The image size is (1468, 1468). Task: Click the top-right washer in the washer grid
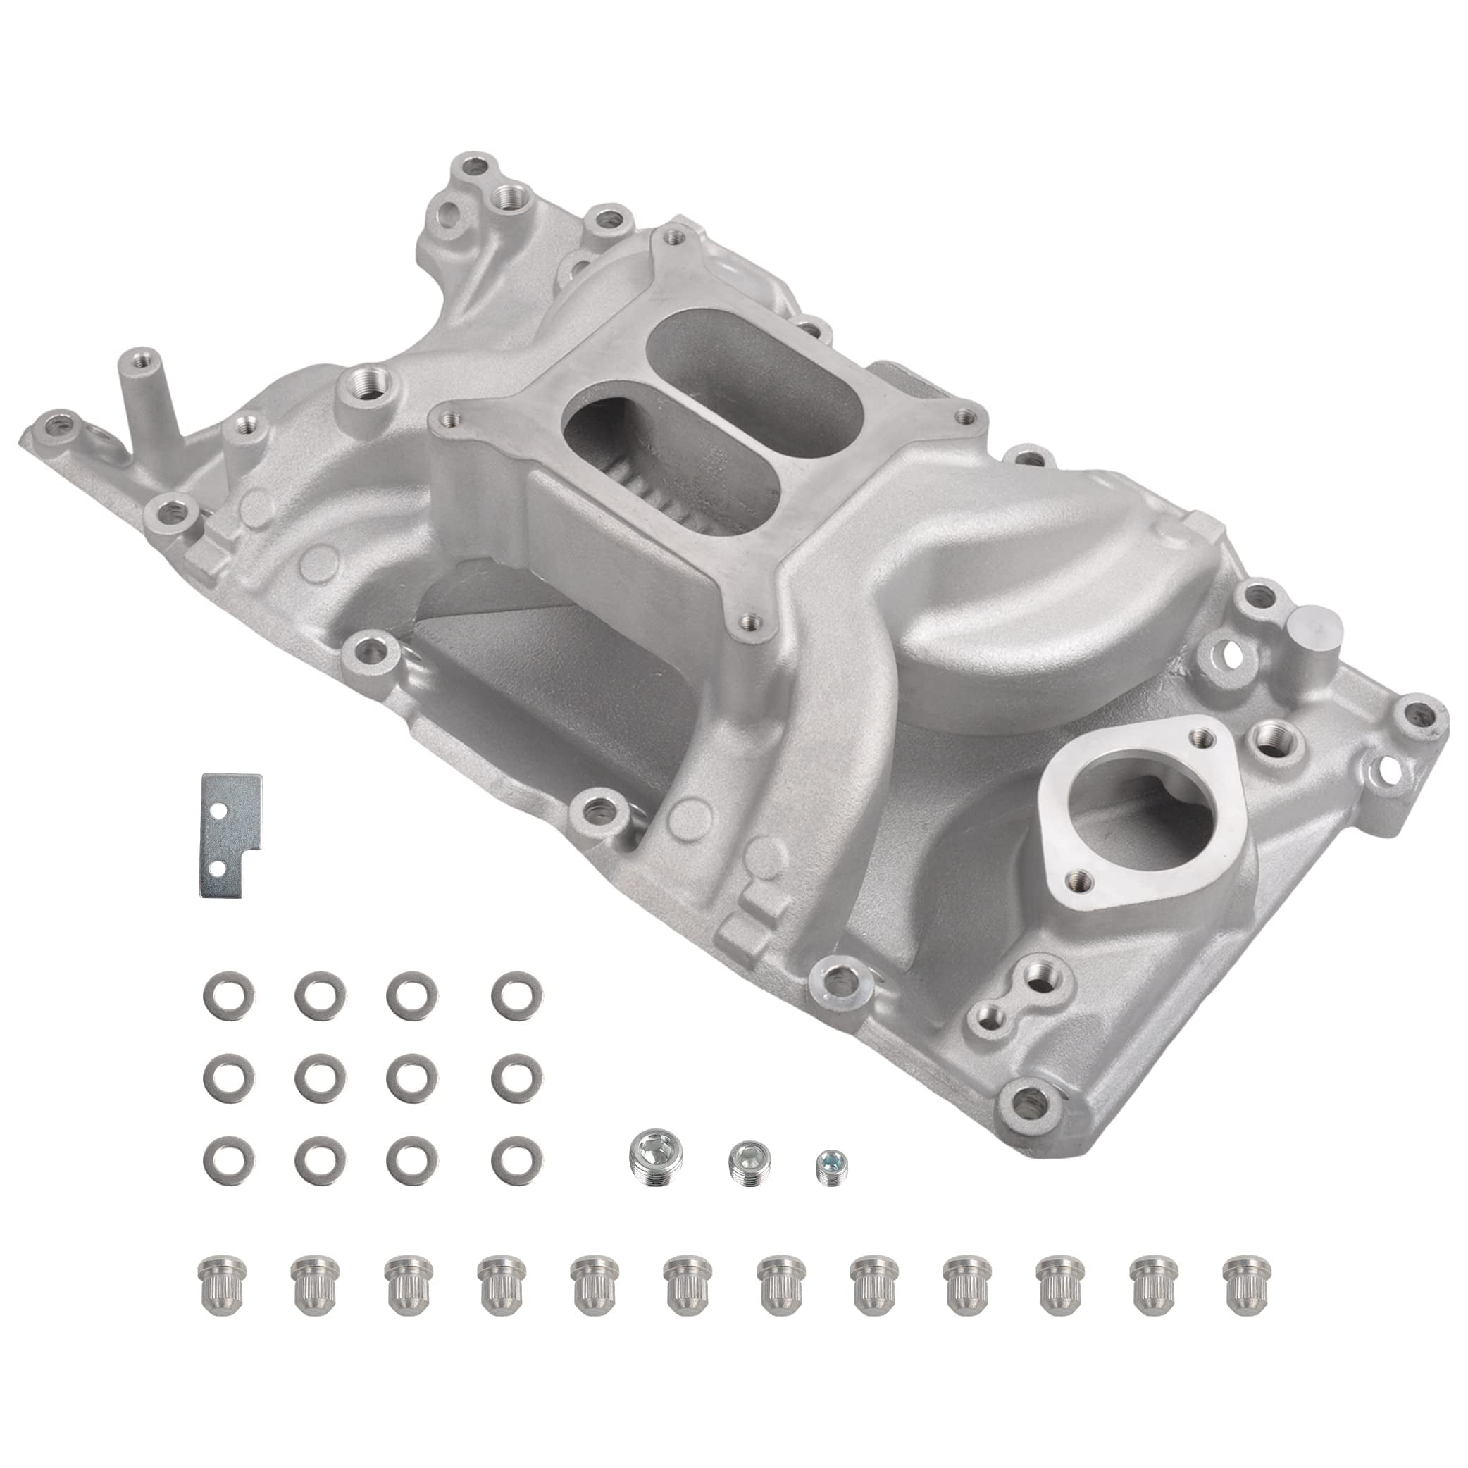tap(516, 991)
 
